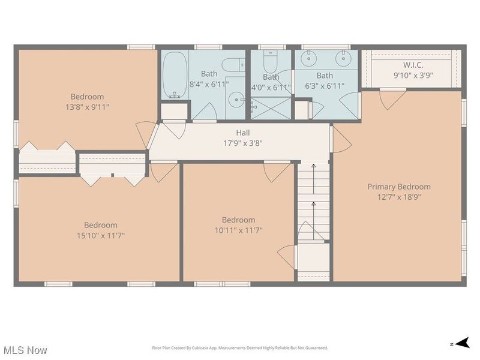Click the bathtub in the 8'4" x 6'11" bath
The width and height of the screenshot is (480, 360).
tap(174, 75)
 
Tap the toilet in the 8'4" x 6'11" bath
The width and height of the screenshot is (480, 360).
tap(233, 64)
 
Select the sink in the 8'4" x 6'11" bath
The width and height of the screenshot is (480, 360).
tap(238, 100)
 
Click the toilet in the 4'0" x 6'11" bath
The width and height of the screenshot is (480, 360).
tap(271, 62)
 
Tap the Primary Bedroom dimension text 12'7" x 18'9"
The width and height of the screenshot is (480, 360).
tap(398, 197)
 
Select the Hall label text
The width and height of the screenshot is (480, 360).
tap(243, 133)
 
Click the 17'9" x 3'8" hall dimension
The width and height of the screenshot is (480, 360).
tap(243, 143)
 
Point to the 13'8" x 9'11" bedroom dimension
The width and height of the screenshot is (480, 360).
tap(87, 107)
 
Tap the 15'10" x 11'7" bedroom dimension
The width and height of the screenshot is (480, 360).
tap(100, 235)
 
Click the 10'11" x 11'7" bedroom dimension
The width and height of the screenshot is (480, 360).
tap(238, 230)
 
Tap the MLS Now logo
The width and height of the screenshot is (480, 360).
tap(25, 349)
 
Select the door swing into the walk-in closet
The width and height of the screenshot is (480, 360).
tap(388, 98)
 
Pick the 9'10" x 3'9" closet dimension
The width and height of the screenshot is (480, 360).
tap(413, 76)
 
